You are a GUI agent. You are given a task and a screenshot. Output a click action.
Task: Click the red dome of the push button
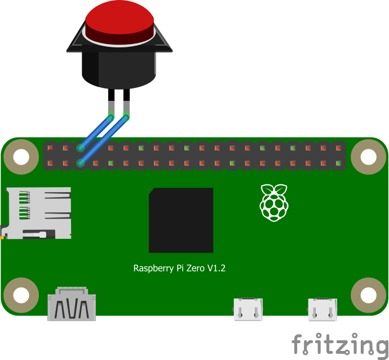pyautogui.click(x=120, y=20)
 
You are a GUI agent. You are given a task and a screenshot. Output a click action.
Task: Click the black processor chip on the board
pyautogui.click(x=181, y=220)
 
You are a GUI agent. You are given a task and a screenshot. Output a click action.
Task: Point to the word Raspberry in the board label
pyautogui.click(x=152, y=269)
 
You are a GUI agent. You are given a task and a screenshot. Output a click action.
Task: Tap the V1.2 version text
pyautogui.click(x=216, y=268)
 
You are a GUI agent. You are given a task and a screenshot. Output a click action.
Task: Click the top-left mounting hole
pyautogui.click(x=21, y=157)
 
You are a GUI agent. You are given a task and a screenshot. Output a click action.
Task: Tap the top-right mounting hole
pyautogui.click(x=368, y=157)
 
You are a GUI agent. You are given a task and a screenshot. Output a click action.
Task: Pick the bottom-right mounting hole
pyautogui.click(x=368, y=295)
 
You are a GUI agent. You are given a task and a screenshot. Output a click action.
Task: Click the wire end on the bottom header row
pyautogui.click(x=81, y=163)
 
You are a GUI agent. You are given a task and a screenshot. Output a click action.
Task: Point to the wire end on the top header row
pyautogui.click(x=81, y=148)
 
